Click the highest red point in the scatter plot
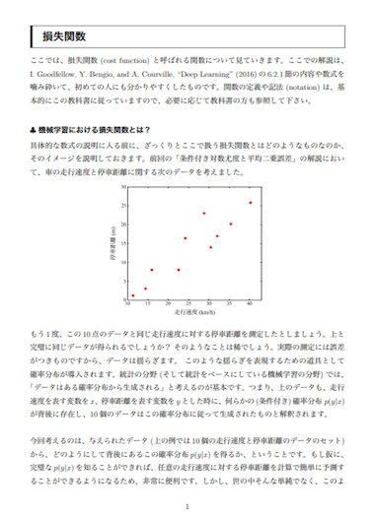pos(250,203)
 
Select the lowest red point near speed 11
pos(133,295)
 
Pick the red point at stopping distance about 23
pos(204,214)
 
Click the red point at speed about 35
pos(231,225)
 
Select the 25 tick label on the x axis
pos(188,305)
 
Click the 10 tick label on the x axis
pos(128,305)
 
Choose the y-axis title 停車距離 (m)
pos(112,242)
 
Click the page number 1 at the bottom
pos(187,505)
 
